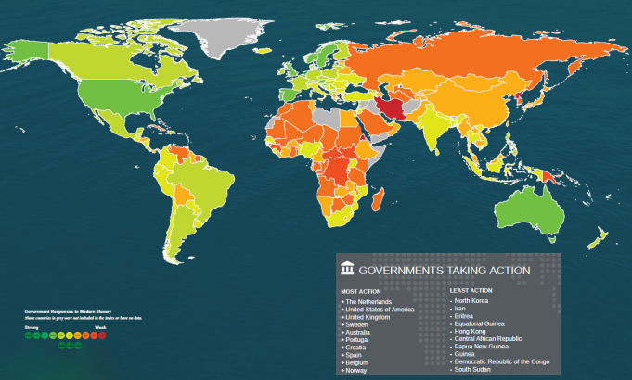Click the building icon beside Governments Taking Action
[x=347, y=270]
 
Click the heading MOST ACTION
[x=361, y=291]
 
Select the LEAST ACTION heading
[x=471, y=291]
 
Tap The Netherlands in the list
[x=368, y=301]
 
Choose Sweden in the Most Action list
[x=356, y=324]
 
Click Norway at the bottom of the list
[x=356, y=370]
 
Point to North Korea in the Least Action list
[x=471, y=301]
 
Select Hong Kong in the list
[x=470, y=331]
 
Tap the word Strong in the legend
[x=31, y=327]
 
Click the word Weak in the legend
[x=101, y=327]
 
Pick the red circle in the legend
[x=102, y=336]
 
